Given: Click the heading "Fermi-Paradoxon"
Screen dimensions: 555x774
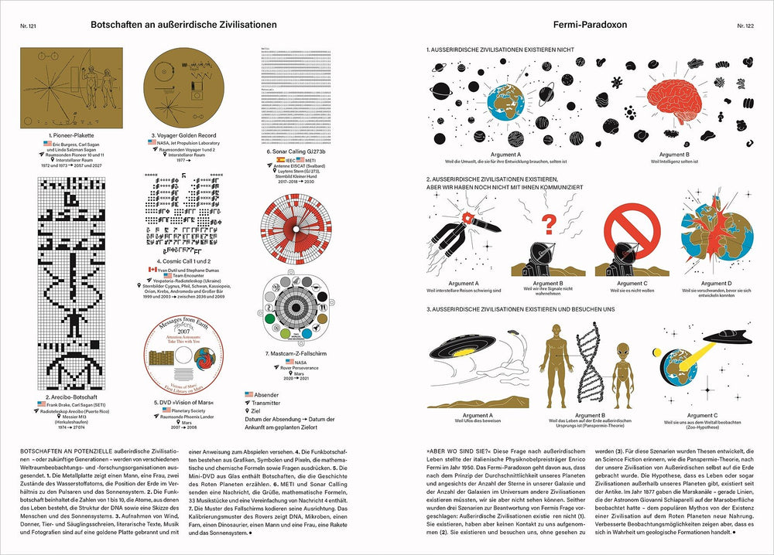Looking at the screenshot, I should [x=590, y=25].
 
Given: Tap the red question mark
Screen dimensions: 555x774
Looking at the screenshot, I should [x=550, y=225].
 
